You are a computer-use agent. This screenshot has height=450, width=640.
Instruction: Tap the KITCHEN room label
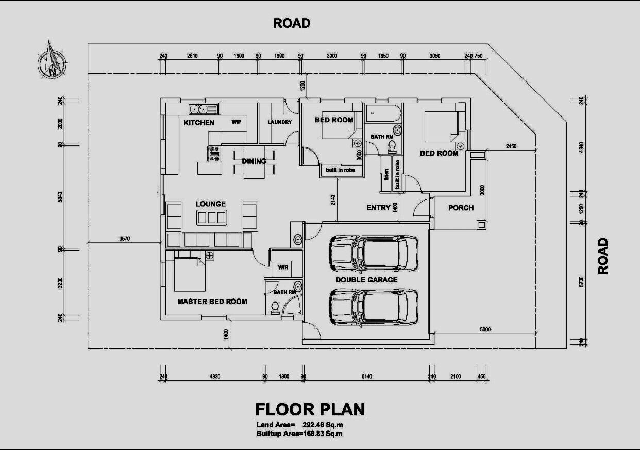click(199, 123)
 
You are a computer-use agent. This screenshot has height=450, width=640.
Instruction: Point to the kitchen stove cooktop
click(214, 154)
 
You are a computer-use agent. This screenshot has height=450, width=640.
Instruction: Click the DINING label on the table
click(254, 161)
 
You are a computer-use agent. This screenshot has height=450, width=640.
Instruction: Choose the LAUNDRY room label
click(279, 122)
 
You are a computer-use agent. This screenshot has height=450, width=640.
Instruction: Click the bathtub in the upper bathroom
click(383, 113)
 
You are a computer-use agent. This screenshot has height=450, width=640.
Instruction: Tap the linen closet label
click(386, 175)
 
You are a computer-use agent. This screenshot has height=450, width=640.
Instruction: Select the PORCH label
click(461, 208)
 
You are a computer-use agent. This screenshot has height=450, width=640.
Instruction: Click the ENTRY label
click(378, 208)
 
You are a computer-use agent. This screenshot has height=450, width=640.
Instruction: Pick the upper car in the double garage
click(374, 254)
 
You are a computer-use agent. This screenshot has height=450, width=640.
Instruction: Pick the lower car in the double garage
click(374, 307)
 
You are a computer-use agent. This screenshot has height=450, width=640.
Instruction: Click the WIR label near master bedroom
click(283, 268)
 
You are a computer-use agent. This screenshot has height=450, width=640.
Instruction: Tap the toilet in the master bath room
click(275, 308)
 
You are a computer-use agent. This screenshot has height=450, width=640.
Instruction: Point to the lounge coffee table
click(212, 218)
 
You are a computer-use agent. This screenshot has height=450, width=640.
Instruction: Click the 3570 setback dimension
click(125, 239)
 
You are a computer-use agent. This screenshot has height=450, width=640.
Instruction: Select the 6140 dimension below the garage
click(367, 376)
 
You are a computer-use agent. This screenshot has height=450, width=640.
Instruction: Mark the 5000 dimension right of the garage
click(485, 329)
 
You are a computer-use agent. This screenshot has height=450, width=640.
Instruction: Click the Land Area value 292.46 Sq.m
click(323, 425)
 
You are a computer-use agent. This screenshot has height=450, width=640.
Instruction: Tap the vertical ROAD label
click(603, 256)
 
